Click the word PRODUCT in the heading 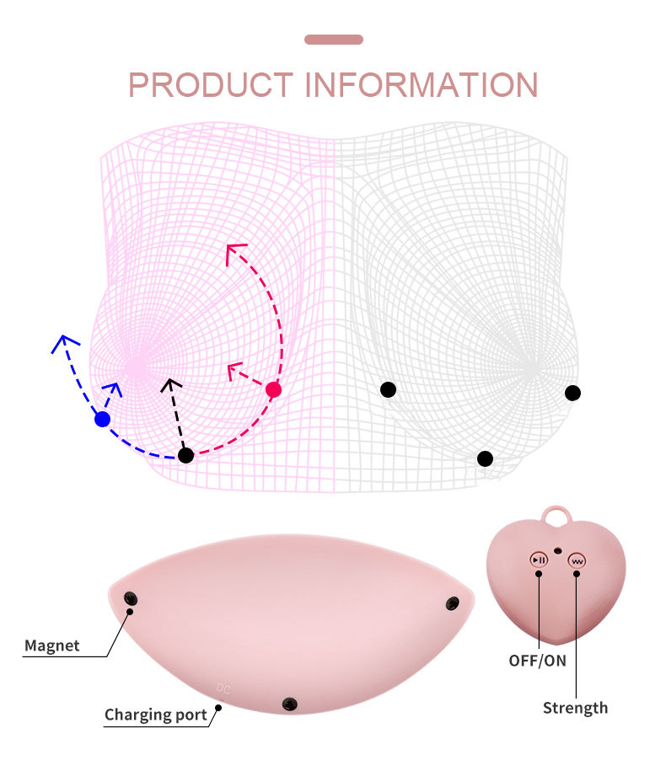[x=211, y=85]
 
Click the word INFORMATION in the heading [x=421, y=85]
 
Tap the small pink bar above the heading [x=333, y=40]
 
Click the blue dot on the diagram [x=103, y=419]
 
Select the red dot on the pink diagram [x=273, y=389]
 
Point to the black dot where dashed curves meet [x=186, y=455]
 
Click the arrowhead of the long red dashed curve [x=234, y=249]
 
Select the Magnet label [x=51, y=646]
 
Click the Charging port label [x=155, y=715]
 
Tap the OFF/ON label [x=537, y=660]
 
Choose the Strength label [x=575, y=708]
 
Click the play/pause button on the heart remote [x=538, y=560]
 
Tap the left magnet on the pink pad [x=132, y=598]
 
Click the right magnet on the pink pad [x=453, y=603]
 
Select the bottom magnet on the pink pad [x=291, y=704]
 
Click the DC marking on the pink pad [x=223, y=688]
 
